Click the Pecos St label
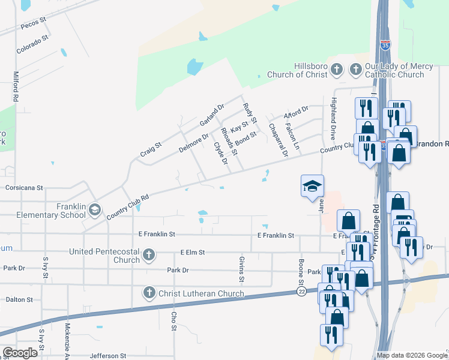(x=34, y=22)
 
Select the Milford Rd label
(x=16, y=86)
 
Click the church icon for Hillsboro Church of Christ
(x=337, y=70)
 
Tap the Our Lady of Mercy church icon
(x=355, y=70)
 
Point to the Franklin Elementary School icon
(x=94, y=210)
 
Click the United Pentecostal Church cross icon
(x=149, y=256)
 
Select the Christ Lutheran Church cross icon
(x=149, y=293)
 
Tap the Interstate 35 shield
(x=384, y=44)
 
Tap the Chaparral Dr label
(x=279, y=140)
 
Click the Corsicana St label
(x=25, y=188)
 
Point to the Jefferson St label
(x=108, y=356)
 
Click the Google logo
(x=20, y=352)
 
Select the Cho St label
(x=174, y=321)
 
